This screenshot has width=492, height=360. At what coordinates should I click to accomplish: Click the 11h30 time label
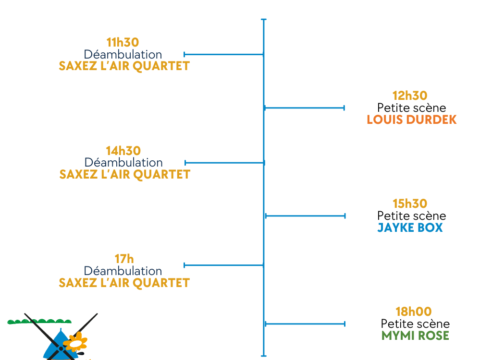pos(123,43)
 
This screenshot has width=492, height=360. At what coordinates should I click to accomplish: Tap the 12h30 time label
pos(410,96)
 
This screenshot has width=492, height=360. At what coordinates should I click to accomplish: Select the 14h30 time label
pos(123,151)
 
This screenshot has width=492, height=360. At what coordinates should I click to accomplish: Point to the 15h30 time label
pos(410,204)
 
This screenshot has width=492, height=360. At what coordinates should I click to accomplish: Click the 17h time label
pos(124,259)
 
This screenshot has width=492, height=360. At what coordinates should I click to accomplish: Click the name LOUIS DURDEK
pos(411,120)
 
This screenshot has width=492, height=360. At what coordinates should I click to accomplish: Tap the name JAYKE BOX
pos(410,228)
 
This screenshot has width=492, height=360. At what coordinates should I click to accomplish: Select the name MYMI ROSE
pos(415,336)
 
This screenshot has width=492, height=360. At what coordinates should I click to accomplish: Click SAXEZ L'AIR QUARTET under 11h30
pos(124,66)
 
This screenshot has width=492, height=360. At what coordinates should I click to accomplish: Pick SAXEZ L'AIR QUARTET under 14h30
pos(125,174)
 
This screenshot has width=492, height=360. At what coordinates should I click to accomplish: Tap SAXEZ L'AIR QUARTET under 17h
pos(124,283)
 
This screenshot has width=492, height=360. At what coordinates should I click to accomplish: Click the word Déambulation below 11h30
pos(123,54)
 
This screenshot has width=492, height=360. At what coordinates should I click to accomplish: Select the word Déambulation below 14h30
pos(123,163)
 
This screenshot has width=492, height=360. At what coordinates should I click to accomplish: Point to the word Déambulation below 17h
pos(123,271)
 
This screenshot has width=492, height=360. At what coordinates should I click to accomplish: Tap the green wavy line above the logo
pos(39,321)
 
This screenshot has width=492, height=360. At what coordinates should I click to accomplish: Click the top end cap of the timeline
pos(263,20)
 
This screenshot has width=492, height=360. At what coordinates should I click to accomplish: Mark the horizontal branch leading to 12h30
pos(305,108)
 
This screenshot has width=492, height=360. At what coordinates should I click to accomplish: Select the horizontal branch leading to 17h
pos(224,265)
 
